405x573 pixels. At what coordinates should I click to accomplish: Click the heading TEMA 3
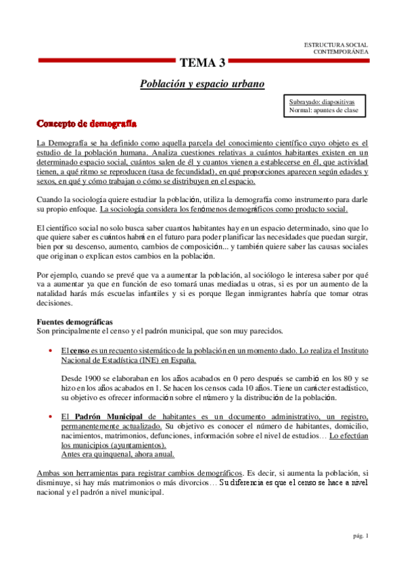click(202, 64)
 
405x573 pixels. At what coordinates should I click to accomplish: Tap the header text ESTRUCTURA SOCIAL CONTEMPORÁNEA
click(336, 47)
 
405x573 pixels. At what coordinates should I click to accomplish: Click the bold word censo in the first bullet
click(80, 351)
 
